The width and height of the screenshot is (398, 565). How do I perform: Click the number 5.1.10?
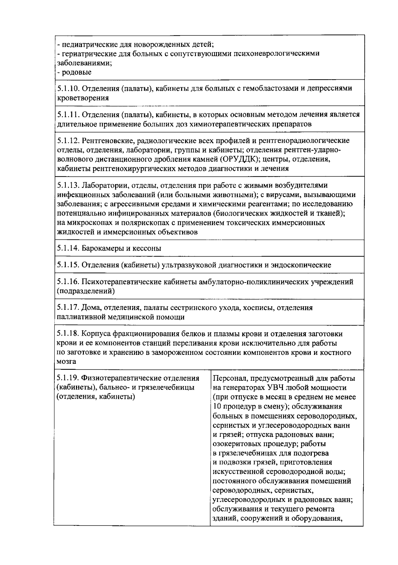coord(68,88)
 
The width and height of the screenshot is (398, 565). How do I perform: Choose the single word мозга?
coord(66,362)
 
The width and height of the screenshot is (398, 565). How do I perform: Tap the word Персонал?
coord(229,378)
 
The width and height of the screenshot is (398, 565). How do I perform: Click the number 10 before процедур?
coord(217,406)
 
